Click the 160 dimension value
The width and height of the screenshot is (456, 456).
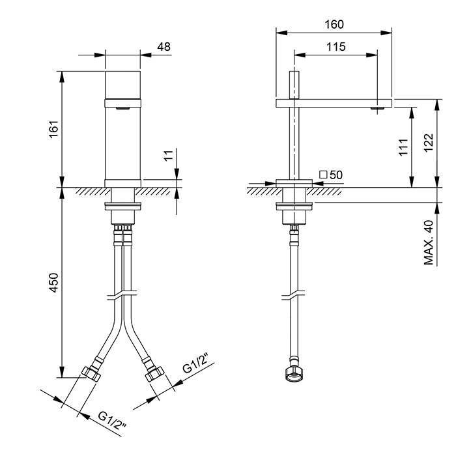click(x=334, y=25)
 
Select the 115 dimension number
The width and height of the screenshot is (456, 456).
click(x=336, y=46)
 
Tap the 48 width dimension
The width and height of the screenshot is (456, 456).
click(x=164, y=46)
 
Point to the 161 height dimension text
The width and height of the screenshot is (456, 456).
click(x=54, y=129)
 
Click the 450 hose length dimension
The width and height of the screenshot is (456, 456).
click(x=54, y=282)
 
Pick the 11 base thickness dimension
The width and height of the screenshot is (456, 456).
click(x=169, y=155)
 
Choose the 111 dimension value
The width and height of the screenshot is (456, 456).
click(x=403, y=147)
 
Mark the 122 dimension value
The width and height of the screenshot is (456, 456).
click(x=429, y=142)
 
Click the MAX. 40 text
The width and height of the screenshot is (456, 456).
click(x=429, y=242)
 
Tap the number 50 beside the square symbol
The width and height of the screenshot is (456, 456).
click(x=336, y=175)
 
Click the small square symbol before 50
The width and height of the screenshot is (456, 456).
click(x=323, y=175)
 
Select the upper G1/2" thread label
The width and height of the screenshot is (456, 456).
click(x=196, y=363)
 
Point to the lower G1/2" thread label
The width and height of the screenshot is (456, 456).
click(x=112, y=421)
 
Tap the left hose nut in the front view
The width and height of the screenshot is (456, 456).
click(x=91, y=373)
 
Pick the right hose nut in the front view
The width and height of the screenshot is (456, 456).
click(x=155, y=373)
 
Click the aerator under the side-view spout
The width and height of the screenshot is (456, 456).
click(x=377, y=109)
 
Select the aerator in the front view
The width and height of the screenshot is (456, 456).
click(x=122, y=109)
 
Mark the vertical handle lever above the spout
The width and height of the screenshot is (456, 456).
click(x=294, y=85)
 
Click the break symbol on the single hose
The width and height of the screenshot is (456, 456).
click(x=294, y=295)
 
